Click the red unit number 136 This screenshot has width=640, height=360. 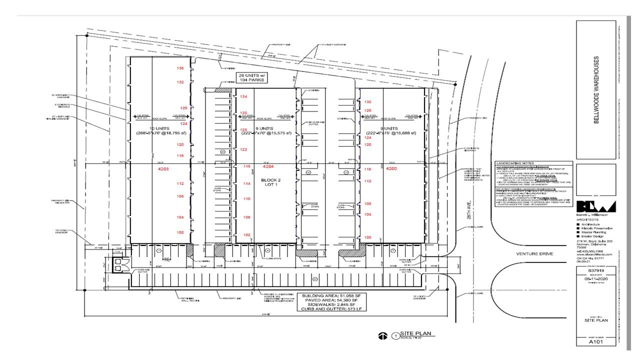(x=180, y=68)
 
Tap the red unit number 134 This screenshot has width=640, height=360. (x=243, y=96)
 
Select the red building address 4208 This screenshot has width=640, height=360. (x=163, y=169)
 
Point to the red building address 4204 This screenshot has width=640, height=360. (x=268, y=166)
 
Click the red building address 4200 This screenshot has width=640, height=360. (x=391, y=169)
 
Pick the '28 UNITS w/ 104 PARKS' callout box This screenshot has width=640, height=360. (x=251, y=77)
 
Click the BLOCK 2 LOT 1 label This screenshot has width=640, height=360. (x=271, y=182)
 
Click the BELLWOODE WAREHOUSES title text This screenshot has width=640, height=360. (x=596, y=90)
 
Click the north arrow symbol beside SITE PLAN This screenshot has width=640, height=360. (x=383, y=336)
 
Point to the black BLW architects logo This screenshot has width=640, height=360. (x=596, y=206)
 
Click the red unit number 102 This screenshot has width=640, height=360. (x=246, y=234)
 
